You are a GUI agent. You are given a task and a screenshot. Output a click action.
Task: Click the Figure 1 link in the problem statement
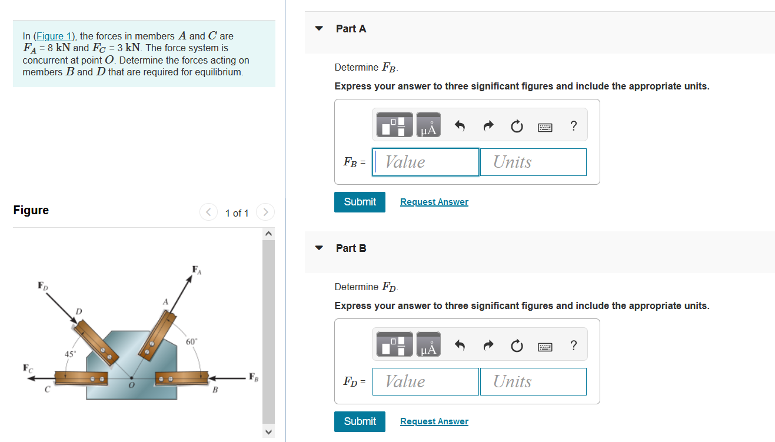[53, 36]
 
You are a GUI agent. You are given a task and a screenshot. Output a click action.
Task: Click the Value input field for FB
[427, 162]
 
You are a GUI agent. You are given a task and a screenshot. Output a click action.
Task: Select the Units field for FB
[533, 162]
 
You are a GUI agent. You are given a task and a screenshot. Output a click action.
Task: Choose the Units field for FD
[533, 381]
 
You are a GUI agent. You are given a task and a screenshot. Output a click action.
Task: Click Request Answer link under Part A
[434, 202]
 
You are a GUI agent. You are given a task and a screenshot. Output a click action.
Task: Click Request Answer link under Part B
[434, 421]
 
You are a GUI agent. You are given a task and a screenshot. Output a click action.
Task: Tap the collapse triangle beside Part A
[319, 28]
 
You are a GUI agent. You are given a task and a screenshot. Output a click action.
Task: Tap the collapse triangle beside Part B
[319, 248]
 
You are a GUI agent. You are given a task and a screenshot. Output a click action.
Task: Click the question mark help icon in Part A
[573, 126]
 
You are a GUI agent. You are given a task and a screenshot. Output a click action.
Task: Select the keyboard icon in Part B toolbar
[545, 347]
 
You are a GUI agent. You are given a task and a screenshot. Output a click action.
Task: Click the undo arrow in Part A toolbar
[460, 126]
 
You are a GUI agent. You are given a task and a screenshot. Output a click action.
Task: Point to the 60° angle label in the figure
[192, 341]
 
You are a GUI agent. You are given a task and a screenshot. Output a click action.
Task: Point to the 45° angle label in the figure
[69, 354]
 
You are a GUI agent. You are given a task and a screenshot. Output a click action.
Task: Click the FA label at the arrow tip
[197, 270]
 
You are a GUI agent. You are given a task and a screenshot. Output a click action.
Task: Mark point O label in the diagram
[131, 385]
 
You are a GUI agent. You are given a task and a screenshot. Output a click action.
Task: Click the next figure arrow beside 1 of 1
[266, 212]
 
